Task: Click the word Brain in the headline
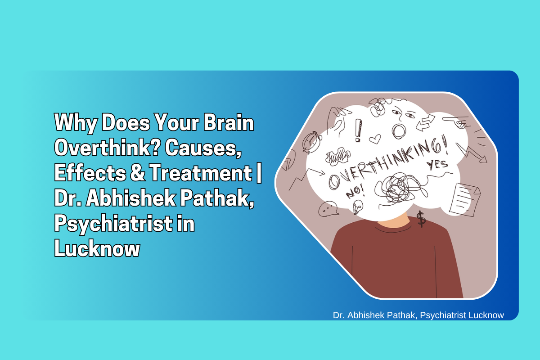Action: tap(229, 123)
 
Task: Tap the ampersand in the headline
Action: tap(138, 172)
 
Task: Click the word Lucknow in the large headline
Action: tap(97, 248)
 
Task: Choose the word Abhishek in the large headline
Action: tap(131, 198)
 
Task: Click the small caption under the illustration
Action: tap(418, 315)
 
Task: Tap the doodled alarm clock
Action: tap(312, 142)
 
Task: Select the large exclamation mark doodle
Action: tap(358, 130)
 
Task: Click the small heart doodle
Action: tap(375, 139)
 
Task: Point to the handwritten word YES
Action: tap(437, 165)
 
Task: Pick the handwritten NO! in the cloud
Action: tap(355, 192)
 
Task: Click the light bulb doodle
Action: tap(358, 207)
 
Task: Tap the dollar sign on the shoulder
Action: tap(421, 219)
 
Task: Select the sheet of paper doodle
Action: tap(464, 200)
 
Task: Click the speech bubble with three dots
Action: tap(328, 209)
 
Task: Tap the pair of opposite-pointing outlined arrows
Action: tap(425, 123)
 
